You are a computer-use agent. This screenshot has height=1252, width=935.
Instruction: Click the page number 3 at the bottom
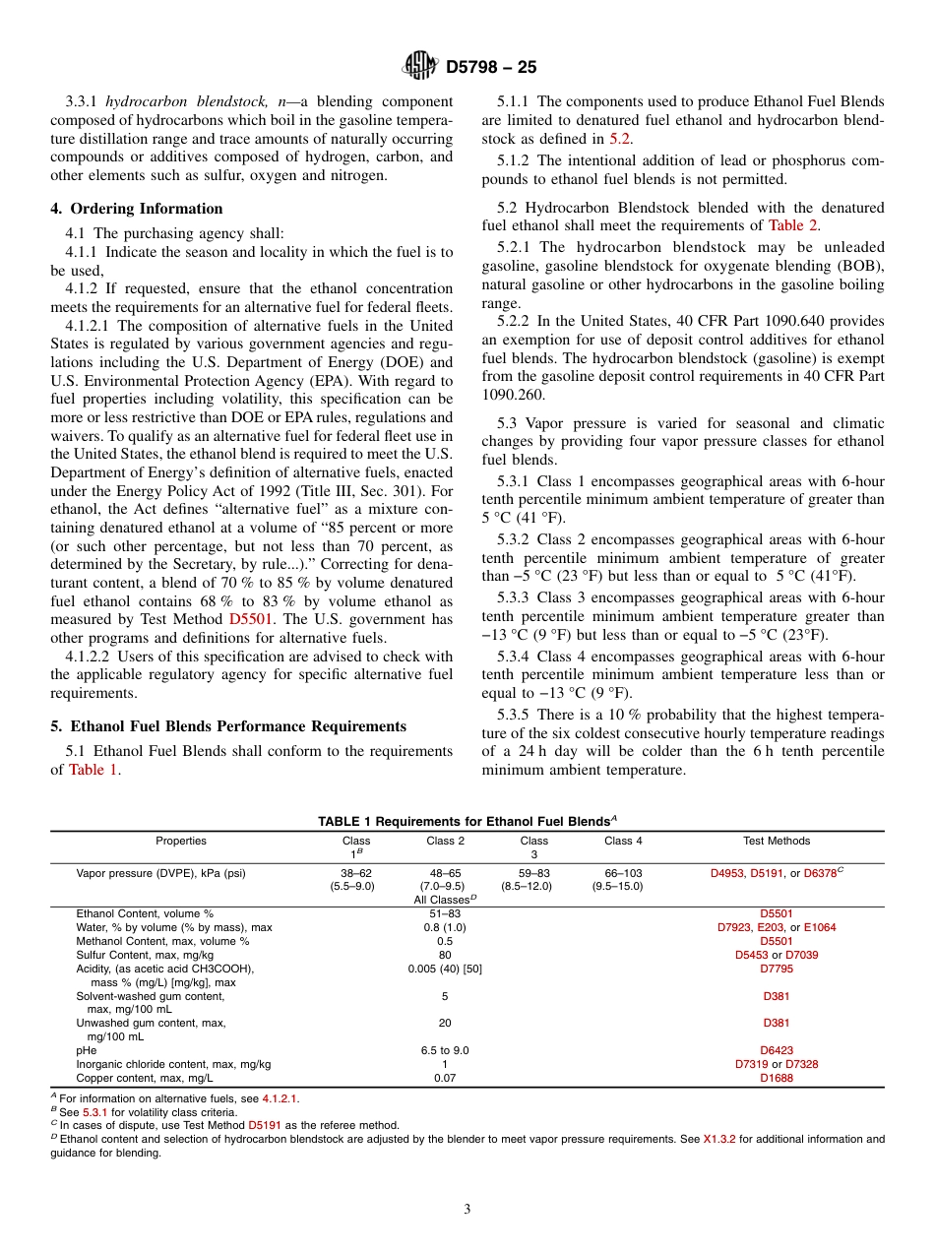click(467, 1209)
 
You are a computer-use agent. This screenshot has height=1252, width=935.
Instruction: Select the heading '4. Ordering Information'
click(137, 209)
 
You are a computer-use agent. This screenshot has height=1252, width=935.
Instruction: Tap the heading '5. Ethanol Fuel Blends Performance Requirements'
click(228, 726)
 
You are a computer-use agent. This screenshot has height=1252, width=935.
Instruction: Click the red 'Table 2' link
click(792, 225)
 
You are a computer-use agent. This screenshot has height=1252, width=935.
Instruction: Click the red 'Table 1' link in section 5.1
click(93, 770)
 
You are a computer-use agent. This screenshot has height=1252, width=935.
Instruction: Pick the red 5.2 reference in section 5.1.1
click(619, 139)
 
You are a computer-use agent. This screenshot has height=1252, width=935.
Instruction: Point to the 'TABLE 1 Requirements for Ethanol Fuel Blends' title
click(467, 821)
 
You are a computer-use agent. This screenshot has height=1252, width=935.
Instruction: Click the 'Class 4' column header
click(623, 841)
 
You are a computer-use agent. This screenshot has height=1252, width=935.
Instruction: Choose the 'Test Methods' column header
click(776, 841)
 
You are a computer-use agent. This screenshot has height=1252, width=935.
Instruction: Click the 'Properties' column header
click(181, 841)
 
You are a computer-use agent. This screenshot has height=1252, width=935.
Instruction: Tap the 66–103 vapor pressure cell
click(617, 873)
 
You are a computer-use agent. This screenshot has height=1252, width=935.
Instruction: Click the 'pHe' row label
click(87, 1050)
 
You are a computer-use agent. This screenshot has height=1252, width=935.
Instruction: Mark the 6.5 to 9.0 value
click(445, 1050)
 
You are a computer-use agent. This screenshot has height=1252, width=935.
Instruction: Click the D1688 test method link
click(776, 1078)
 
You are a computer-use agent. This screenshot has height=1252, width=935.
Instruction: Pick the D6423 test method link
click(776, 1050)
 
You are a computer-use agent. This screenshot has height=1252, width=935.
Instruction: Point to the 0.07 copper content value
click(445, 1078)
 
